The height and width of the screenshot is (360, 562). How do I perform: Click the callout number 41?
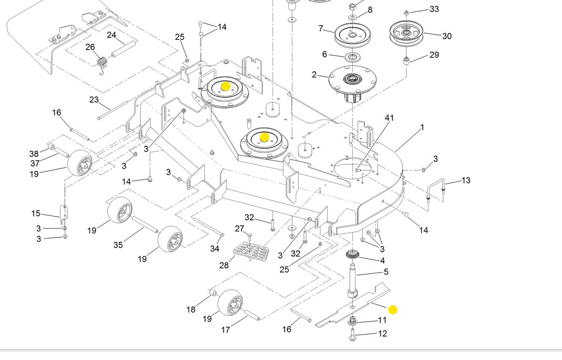point(389,118)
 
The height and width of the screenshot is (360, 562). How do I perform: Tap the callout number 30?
point(447,36)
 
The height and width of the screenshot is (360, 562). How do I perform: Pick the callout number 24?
point(111,35)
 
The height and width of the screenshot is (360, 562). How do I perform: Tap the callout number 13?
point(466,180)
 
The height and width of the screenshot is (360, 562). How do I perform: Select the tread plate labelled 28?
point(252,251)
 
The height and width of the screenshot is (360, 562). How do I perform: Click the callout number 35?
point(118,244)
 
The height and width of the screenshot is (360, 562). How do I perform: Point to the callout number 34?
point(214,248)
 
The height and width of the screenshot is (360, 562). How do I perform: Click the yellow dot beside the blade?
point(393,310)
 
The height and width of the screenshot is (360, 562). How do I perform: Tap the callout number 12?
point(383,334)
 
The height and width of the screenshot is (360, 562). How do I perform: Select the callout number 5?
point(386,272)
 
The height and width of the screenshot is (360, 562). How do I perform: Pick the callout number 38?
point(34,153)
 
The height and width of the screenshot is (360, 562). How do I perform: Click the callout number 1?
point(422,127)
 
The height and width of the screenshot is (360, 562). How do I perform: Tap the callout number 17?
point(225,330)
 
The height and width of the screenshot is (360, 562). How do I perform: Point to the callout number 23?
point(94,99)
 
